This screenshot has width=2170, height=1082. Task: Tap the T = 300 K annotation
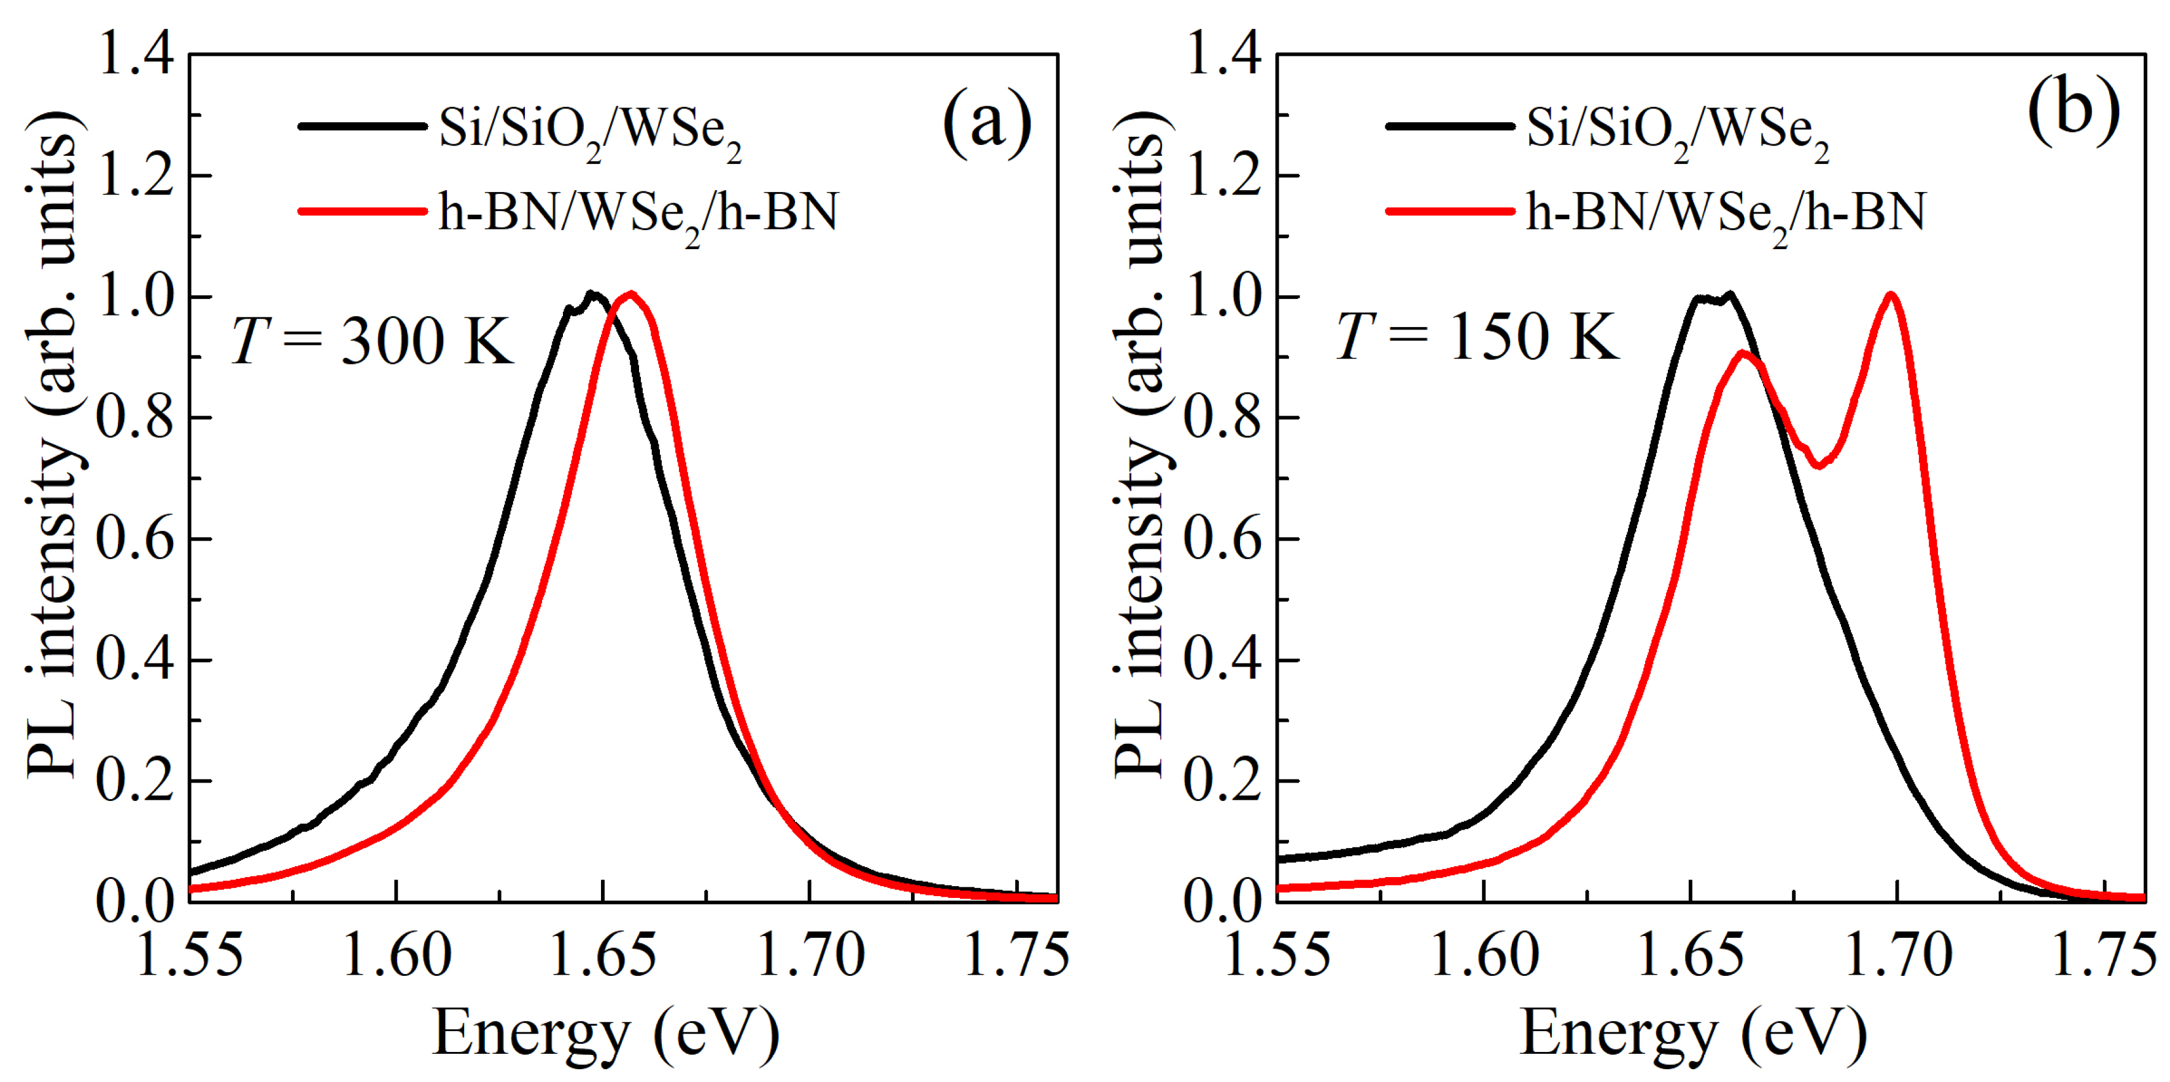371,341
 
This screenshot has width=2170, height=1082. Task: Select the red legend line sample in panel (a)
362,211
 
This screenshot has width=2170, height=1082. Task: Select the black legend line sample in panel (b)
1449,127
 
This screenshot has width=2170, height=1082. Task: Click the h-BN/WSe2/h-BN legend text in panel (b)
1725,213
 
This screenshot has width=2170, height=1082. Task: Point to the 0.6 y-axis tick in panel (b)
1223,539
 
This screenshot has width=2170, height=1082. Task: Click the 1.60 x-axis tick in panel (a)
397,956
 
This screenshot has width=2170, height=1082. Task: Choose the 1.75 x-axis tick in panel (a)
1015,956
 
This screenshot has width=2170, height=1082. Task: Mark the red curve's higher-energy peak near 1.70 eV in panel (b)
1891,296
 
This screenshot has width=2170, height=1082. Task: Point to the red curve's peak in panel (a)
630,294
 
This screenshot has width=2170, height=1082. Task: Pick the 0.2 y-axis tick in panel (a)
135,781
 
